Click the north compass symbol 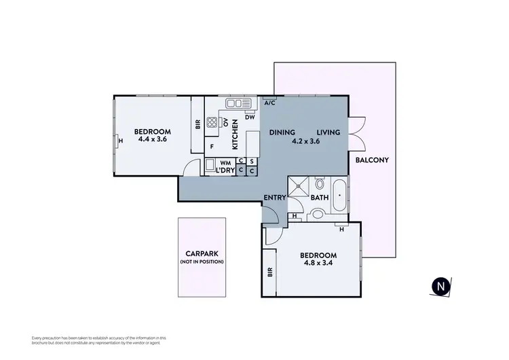tap(442, 287)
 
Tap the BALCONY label tap(371, 160)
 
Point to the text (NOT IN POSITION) tap(201, 262)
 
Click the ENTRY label tap(275, 198)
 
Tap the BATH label tap(320, 198)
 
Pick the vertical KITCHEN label tap(235, 133)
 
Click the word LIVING tap(327, 132)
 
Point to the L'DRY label tap(225, 170)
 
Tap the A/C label tap(269, 103)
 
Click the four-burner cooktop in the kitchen tap(212, 123)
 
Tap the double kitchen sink tap(238, 103)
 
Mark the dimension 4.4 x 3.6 tap(152, 139)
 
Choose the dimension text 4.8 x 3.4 tap(319, 264)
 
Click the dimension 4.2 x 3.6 tap(304, 142)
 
